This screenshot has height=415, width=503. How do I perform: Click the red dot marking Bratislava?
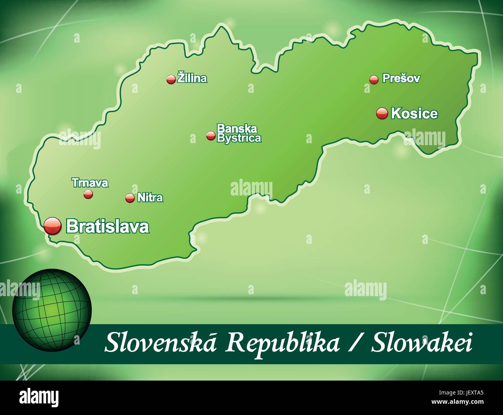point(53,226)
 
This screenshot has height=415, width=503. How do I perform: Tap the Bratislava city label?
point(108,226)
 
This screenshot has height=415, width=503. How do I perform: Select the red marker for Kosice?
point(382,113)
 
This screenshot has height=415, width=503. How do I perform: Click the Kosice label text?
point(414,113)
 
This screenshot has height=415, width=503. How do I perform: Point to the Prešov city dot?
point(373,79)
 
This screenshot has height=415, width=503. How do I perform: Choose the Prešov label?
point(401,78)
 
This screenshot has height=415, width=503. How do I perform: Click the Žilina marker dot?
point(171,79)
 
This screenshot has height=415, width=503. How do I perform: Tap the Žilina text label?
point(192,78)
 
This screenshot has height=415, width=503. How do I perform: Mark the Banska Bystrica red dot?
point(210,135)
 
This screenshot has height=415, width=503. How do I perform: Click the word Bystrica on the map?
point(239,138)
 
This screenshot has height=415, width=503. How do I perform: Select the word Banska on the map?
point(237,128)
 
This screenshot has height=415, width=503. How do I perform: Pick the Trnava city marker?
point(88,194)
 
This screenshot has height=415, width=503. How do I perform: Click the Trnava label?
point(90,183)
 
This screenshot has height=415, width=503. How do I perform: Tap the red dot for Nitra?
point(130,198)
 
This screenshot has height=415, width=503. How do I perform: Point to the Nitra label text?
point(150,198)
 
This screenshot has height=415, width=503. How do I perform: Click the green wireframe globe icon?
point(52,308)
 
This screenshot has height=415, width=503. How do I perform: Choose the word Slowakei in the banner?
point(422,344)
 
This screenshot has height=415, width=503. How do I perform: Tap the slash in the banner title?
point(355,344)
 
